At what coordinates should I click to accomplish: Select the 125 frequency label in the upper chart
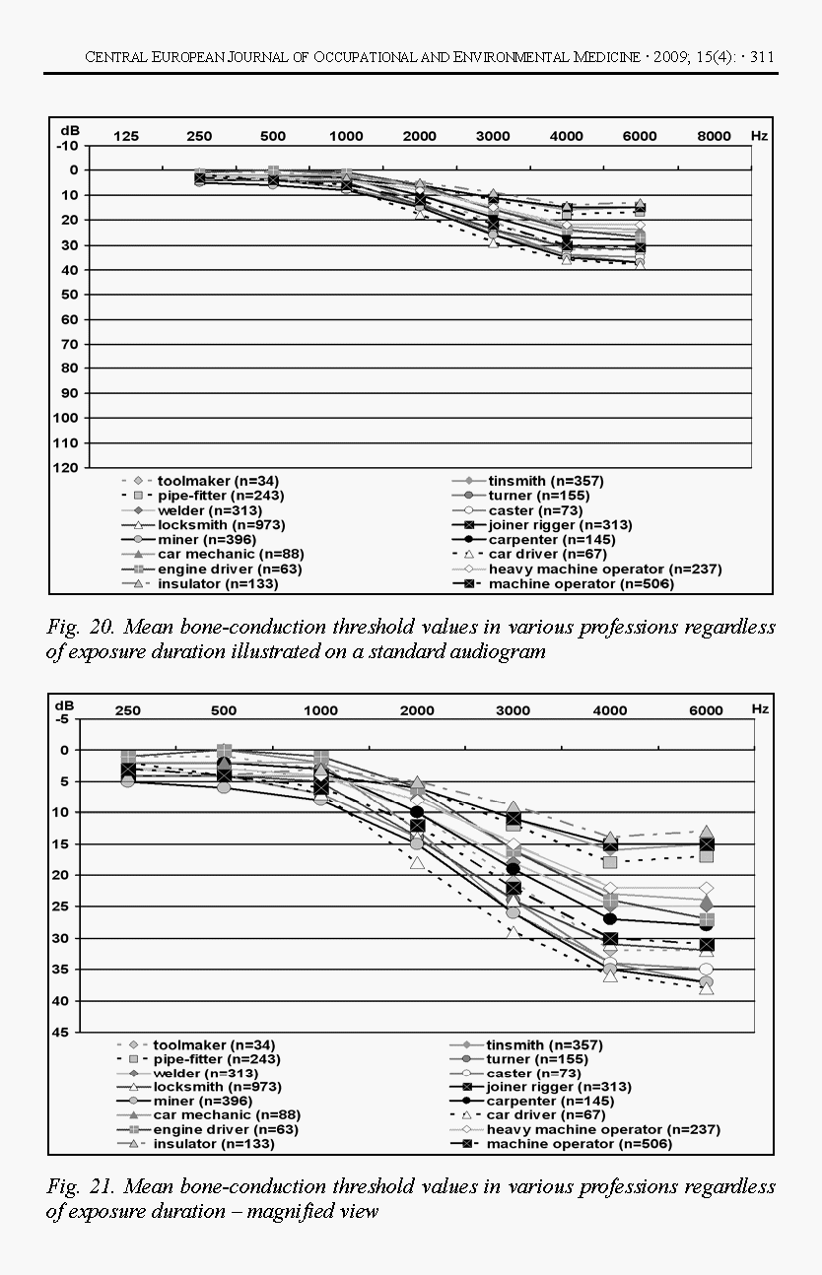pyautogui.click(x=126, y=136)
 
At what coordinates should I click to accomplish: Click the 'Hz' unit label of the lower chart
pyautogui.click(x=757, y=710)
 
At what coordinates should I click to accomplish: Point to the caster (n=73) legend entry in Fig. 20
pyautogui.click(x=535, y=510)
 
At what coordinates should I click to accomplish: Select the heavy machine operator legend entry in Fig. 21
pyautogui.click(x=603, y=1129)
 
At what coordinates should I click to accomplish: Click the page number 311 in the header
pyautogui.click(x=762, y=57)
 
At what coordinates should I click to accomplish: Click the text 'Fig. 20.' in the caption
pyautogui.click(x=75, y=628)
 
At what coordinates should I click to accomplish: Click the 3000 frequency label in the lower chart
pyautogui.click(x=513, y=710)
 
